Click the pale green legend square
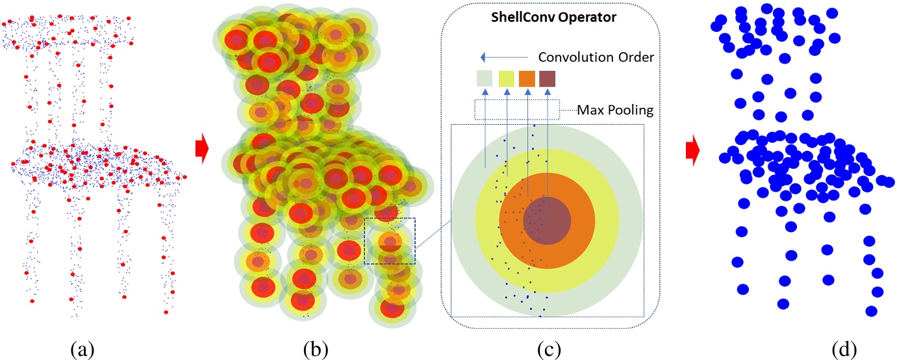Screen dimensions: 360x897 [485, 79]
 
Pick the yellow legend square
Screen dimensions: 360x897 [507, 79]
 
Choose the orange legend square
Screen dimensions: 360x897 [527, 79]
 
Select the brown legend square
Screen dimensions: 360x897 [548, 79]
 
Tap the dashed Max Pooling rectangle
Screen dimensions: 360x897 [517, 109]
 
